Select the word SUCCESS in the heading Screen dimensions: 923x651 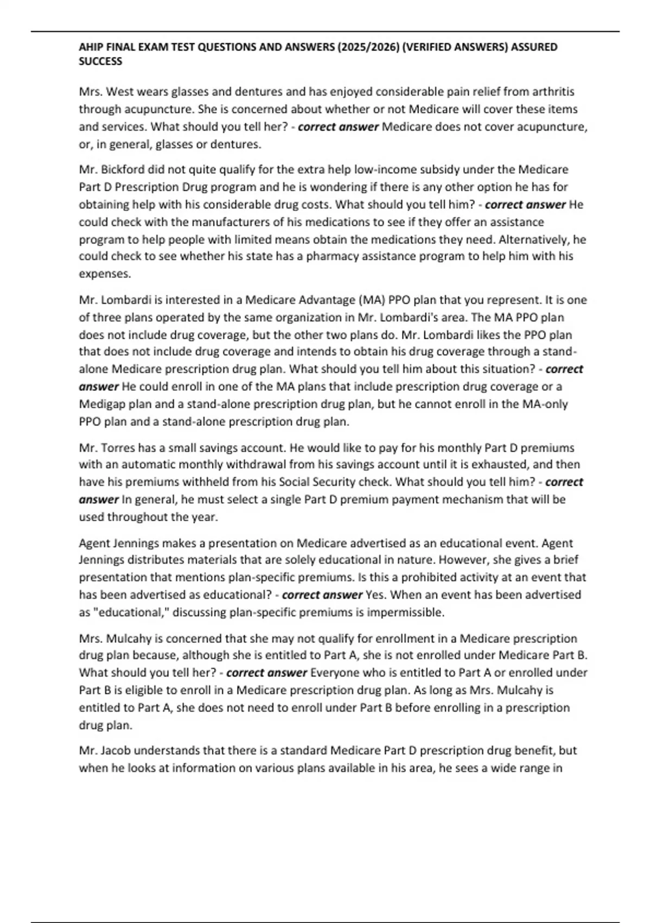pos(100,61)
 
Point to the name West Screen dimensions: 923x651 pos(120,92)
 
